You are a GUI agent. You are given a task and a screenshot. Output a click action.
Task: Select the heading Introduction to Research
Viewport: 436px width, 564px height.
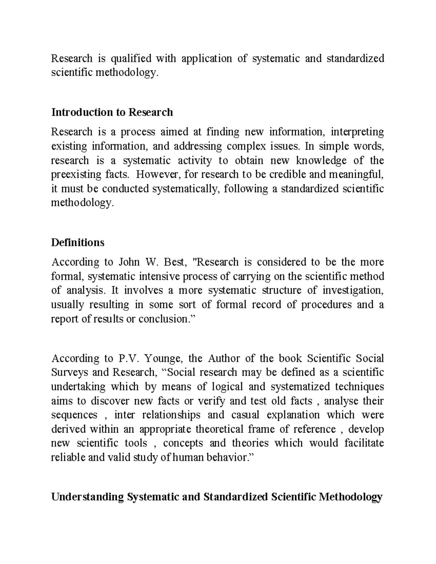click(x=112, y=112)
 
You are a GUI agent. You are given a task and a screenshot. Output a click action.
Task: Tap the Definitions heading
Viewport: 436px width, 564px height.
click(x=78, y=242)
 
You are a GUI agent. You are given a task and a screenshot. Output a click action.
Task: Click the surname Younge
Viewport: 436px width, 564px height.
click(x=165, y=358)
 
